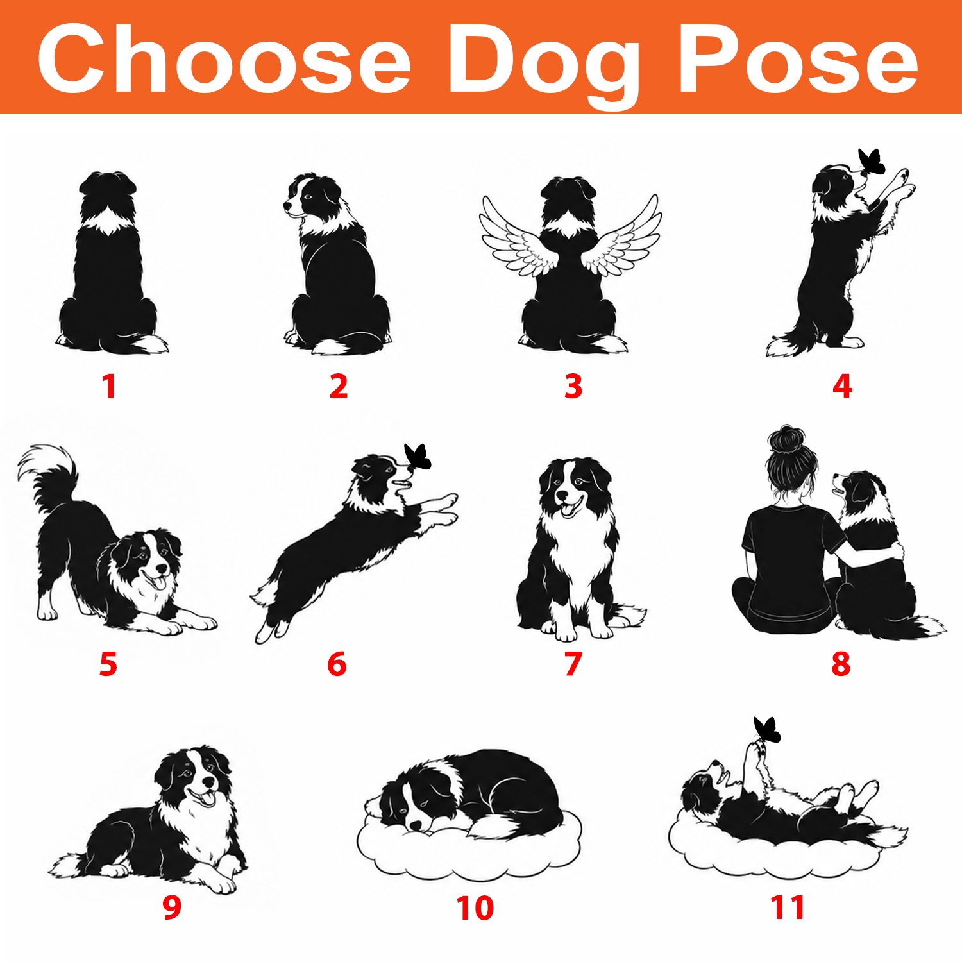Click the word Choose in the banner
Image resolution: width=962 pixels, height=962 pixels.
pos(224,59)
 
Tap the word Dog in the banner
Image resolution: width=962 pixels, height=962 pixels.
pos(544,65)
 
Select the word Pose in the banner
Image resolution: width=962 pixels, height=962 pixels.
pos(798,60)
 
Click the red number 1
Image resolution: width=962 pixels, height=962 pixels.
pos(109,386)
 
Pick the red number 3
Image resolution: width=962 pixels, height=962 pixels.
pos(573,386)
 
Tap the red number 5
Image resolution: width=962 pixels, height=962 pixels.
pos(108,664)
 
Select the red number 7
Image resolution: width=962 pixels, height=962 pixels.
pos(573,664)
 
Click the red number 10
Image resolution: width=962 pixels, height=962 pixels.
pos(475,907)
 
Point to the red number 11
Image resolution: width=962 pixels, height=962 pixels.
pos(788,907)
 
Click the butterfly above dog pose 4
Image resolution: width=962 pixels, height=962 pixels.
pos(872,162)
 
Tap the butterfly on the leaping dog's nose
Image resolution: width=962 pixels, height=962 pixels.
pos(418,457)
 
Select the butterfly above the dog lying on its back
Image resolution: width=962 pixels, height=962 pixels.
pos(767,729)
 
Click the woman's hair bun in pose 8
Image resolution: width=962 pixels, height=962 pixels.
pos(783,439)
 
